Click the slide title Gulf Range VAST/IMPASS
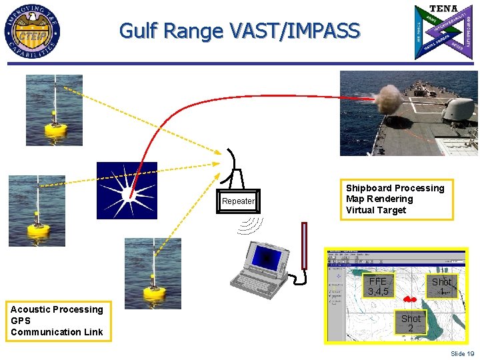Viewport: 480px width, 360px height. [x=239, y=31]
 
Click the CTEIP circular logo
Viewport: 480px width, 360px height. [x=33, y=31]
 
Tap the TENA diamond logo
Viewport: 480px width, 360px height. [x=444, y=31]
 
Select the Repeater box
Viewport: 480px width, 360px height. [x=238, y=201]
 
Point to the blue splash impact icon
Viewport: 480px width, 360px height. [x=127, y=190]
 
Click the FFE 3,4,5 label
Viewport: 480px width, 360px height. [x=378, y=286]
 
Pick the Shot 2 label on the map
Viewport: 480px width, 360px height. [x=411, y=323]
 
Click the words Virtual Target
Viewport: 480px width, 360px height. [x=375, y=210]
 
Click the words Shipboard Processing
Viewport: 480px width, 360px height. [x=395, y=188]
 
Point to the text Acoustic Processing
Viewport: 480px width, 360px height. [x=57, y=309]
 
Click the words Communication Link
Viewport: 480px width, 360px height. [x=57, y=332]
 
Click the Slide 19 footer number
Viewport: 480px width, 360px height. [x=462, y=353]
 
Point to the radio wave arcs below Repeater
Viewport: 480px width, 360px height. [x=249, y=225]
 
